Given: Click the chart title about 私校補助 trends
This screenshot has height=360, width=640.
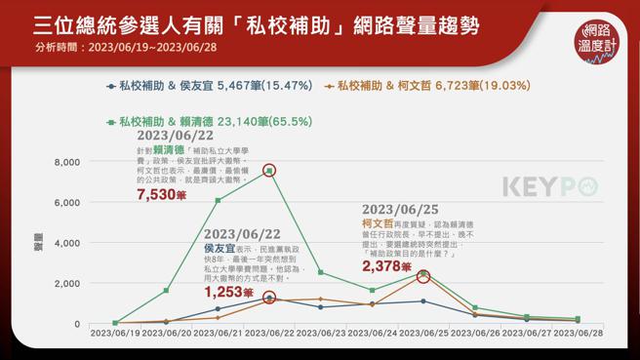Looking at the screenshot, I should tap(256, 23).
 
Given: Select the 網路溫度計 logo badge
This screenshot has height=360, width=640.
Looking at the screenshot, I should tap(597, 42).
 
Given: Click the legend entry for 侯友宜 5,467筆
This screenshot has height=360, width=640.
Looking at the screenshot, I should tap(209, 86).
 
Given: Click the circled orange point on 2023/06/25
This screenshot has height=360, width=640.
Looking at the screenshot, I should tap(423, 277).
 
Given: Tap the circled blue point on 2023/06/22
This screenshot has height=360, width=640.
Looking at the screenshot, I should tap(269, 298).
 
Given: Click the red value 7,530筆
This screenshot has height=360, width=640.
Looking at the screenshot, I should tap(158, 194).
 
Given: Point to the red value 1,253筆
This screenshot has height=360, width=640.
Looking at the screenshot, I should tap(228, 292).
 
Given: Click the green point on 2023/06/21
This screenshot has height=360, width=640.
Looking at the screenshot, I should tap(218, 200).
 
